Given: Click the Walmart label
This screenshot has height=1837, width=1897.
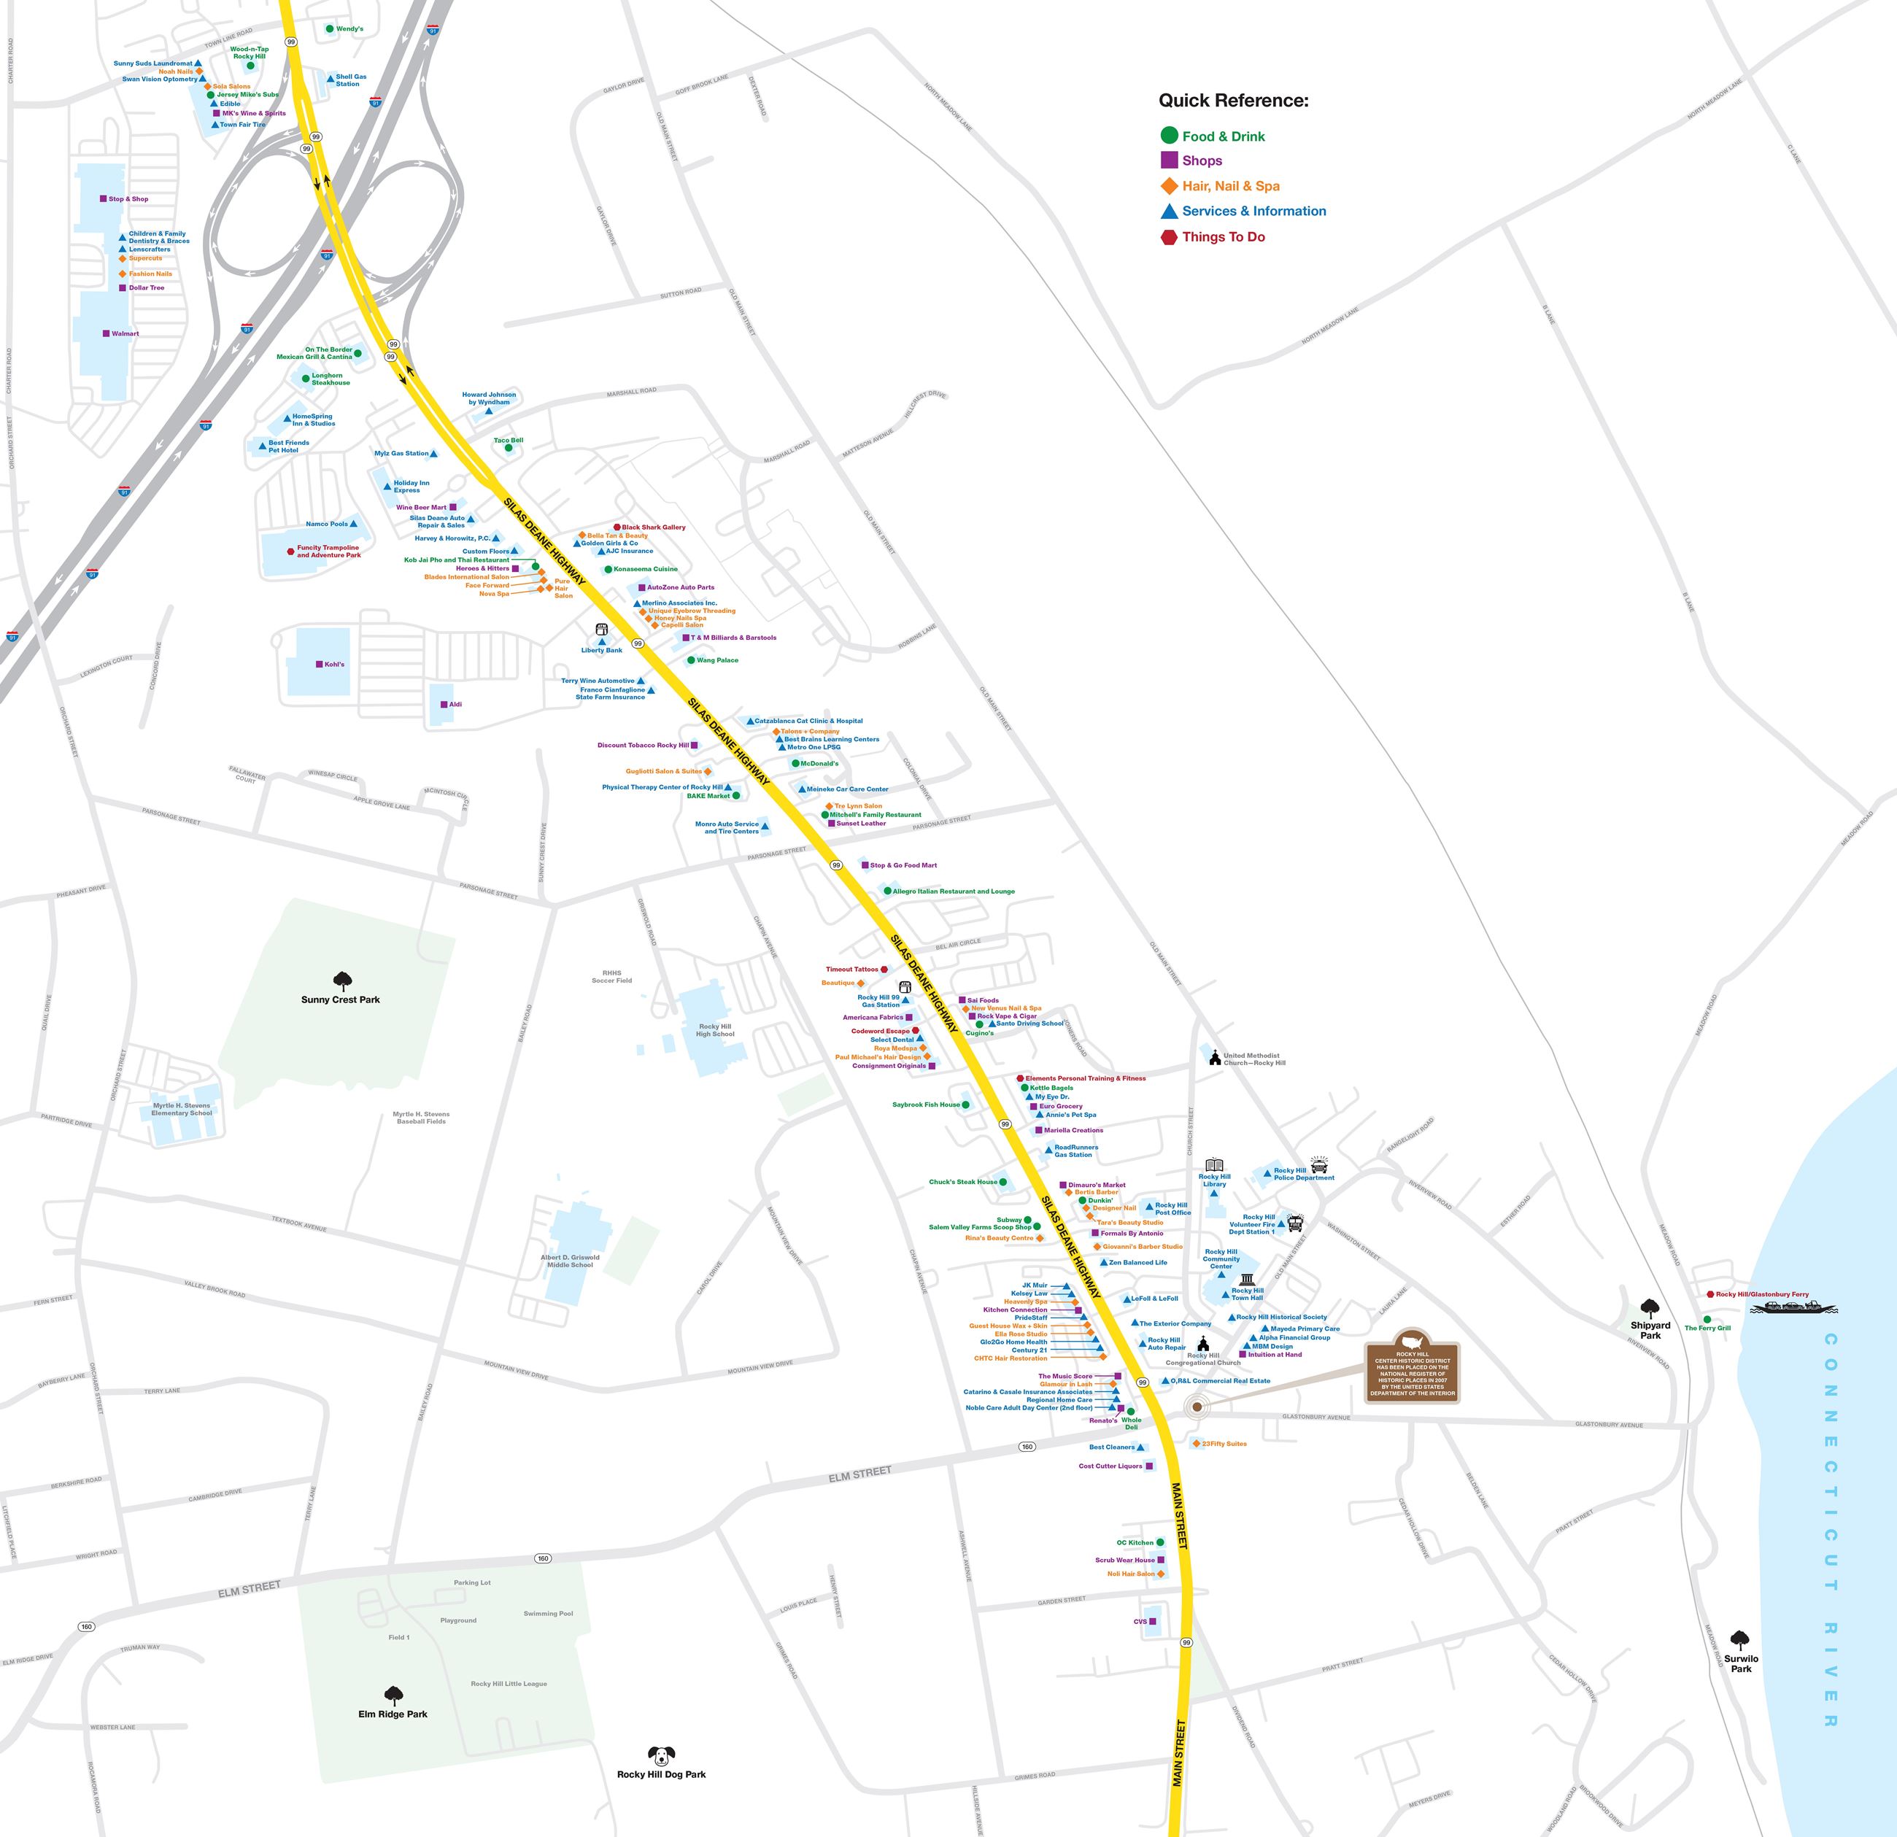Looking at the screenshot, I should click(x=125, y=334).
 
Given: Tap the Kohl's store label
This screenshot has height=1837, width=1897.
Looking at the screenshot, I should click(x=334, y=665).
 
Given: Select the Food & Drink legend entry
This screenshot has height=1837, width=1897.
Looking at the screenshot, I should click(x=1224, y=136).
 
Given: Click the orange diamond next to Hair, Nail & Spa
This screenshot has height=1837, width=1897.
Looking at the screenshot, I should click(x=1169, y=186).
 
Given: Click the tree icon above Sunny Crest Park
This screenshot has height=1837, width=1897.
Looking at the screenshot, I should click(x=341, y=981).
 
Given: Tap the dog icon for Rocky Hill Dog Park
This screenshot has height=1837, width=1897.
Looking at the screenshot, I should click(x=661, y=1756).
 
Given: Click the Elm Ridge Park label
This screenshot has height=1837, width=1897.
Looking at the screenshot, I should click(x=393, y=1714).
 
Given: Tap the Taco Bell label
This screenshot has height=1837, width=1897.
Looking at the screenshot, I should click(x=508, y=441).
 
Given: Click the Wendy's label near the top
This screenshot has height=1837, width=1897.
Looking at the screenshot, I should click(x=349, y=29).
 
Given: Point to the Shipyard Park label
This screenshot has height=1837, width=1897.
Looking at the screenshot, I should click(x=1650, y=1330).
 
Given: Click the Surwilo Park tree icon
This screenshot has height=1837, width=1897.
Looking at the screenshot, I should click(x=1740, y=1639).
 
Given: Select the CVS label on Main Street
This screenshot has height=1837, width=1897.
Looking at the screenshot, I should click(x=1140, y=1621).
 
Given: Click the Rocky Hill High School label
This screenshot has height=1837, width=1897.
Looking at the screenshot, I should click(x=715, y=1030).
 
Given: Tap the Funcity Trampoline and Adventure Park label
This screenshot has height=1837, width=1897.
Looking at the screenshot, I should click(x=328, y=551).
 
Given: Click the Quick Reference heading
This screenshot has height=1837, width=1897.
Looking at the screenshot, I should click(x=1233, y=101).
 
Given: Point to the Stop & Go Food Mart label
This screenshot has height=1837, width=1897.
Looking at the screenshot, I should click(x=903, y=865).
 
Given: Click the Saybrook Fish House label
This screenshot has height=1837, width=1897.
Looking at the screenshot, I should click(x=926, y=1105).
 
